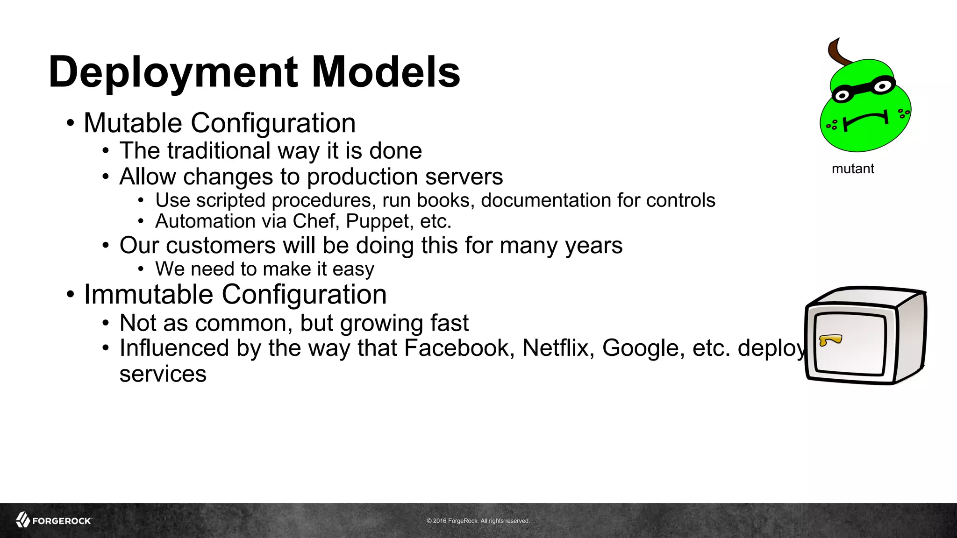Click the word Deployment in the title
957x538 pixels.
pyautogui.click(x=173, y=72)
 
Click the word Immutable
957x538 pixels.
pyautogui.click(x=148, y=295)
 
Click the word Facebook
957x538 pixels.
pyautogui.click(x=456, y=348)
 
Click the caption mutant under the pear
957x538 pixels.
pyautogui.click(x=853, y=169)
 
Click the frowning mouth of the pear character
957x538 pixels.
pyautogui.click(x=865, y=120)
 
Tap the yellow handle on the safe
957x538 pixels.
pyautogui.click(x=830, y=340)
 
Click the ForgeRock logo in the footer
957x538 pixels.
pyautogui.click(x=54, y=520)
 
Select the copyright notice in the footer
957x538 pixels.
pyautogui.click(x=478, y=521)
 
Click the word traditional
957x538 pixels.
pyautogui.click(x=219, y=151)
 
